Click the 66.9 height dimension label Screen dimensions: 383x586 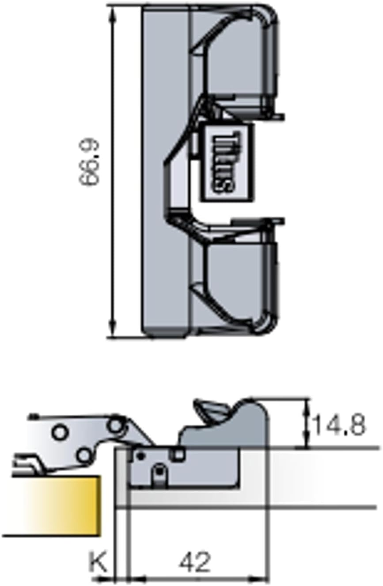pyautogui.click(x=89, y=163)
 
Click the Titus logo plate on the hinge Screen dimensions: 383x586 pyautogui.click(x=228, y=162)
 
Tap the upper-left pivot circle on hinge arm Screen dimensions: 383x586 pyautogui.click(x=60, y=433)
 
